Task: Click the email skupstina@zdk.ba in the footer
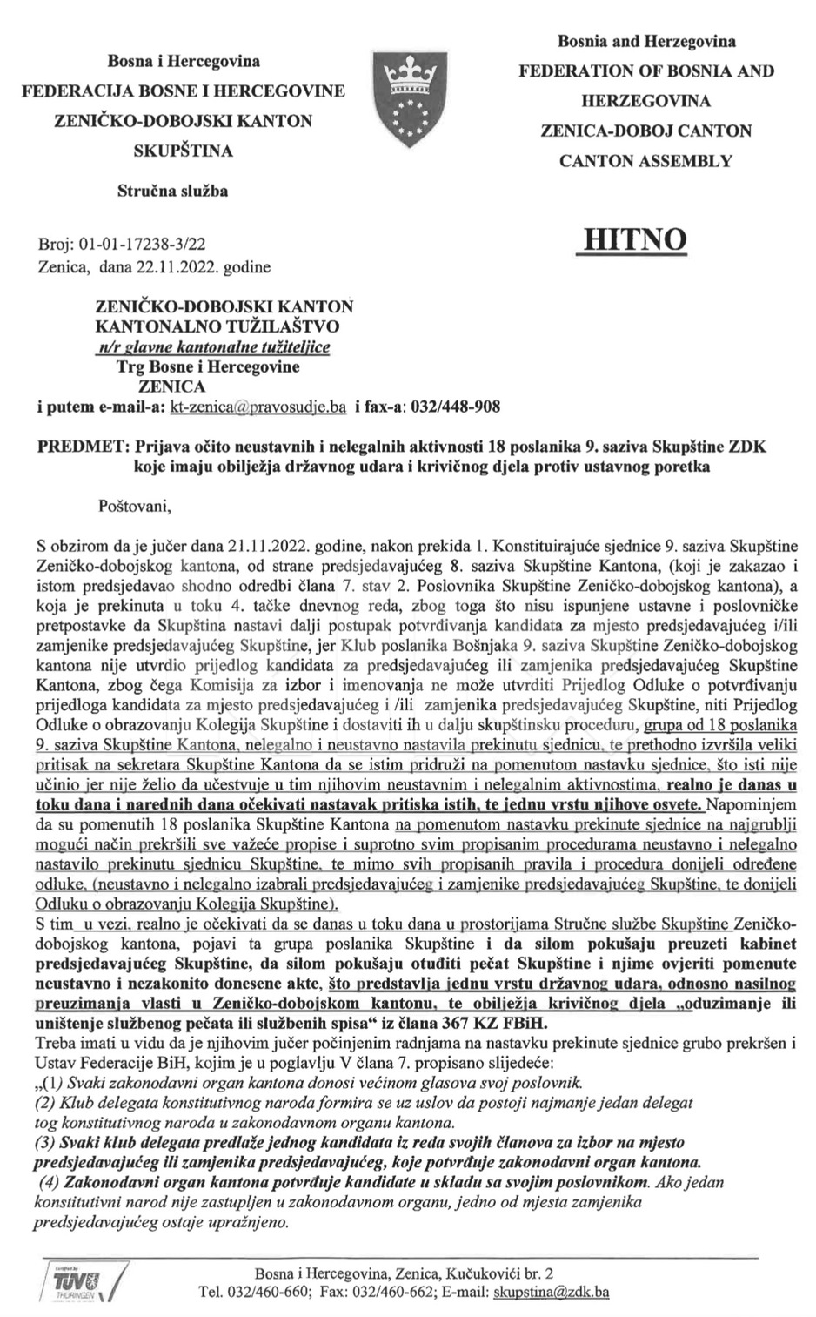pyautogui.click(x=551, y=1291)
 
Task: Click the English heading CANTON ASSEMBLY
pyautogui.click(x=645, y=160)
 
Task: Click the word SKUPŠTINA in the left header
pyautogui.click(x=183, y=151)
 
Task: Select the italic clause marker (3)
pyautogui.click(x=46, y=1141)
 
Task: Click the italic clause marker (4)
pyautogui.click(x=48, y=1183)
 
